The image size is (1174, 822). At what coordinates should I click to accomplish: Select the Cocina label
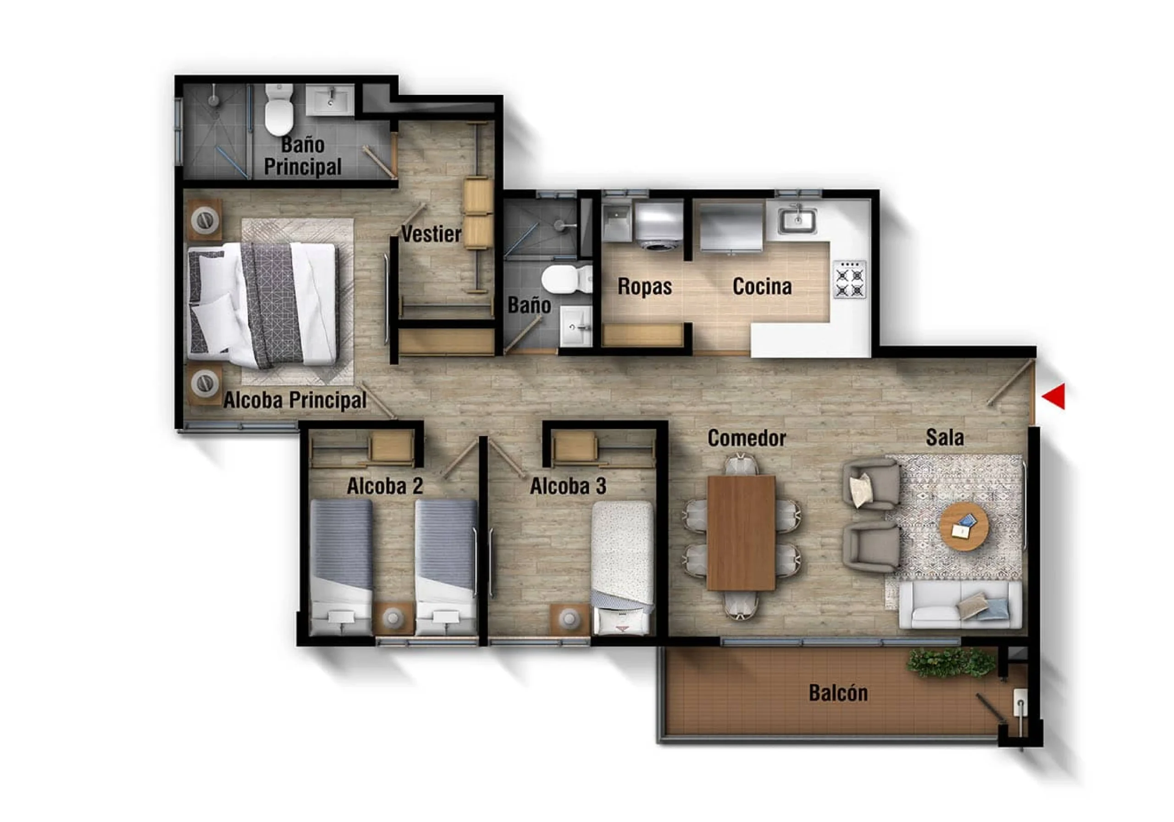[762, 286]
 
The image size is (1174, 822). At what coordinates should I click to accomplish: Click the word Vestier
[431, 234]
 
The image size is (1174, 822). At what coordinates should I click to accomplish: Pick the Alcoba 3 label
[568, 486]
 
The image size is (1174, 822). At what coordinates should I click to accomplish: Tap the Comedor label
[747, 438]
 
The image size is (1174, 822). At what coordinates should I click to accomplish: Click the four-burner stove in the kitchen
[850, 279]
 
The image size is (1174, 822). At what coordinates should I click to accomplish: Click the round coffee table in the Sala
[964, 526]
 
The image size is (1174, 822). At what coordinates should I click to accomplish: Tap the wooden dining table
[741, 533]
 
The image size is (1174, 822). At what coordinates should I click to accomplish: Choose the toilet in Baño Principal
[279, 110]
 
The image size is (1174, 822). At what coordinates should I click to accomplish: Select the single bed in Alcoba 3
[622, 568]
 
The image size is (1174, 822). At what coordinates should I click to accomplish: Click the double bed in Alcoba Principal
[262, 305]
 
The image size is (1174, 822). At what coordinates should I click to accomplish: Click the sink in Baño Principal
[330, 100]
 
